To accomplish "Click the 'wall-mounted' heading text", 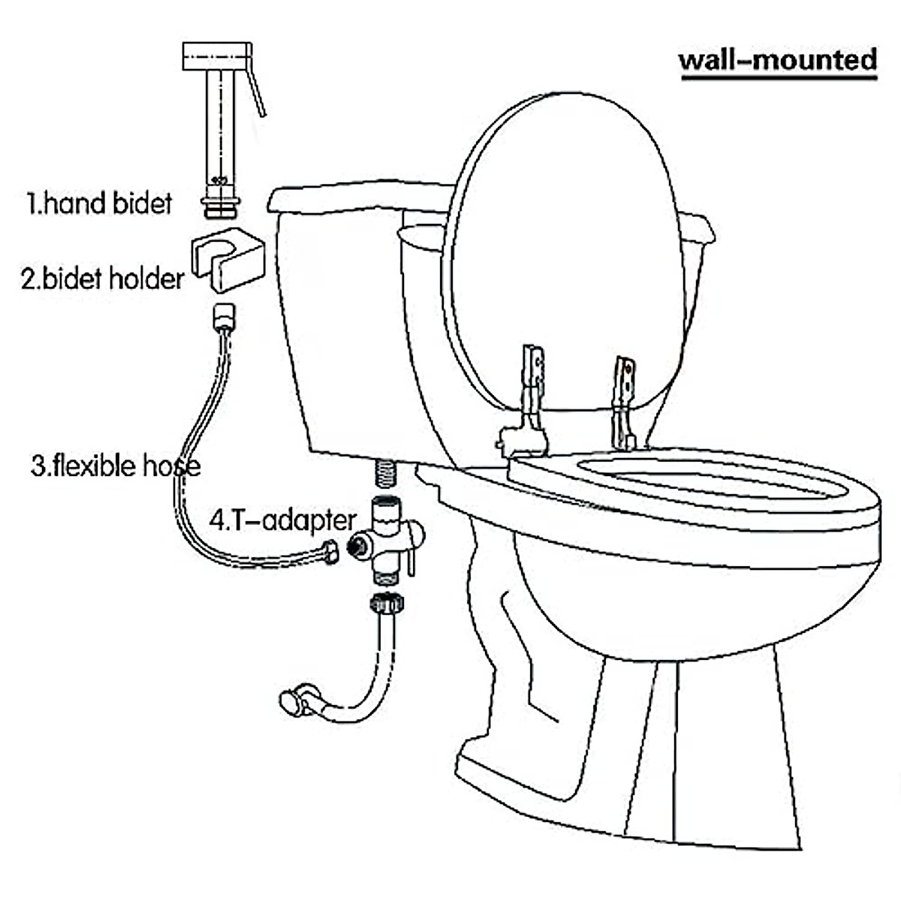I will [x=777, y=59].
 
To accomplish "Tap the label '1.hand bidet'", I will [x=100, y=203].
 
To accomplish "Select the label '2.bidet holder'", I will [x=102, y=279].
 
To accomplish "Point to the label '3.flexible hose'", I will [x=116, y=466].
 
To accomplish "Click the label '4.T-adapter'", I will [x=282, y=520].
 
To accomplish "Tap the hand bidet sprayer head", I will [x=217, y=56].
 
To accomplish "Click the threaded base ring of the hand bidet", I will [x=221, y=204].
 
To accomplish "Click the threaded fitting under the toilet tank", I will [x=384, y=475].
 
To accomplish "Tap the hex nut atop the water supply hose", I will [x=387, y=602].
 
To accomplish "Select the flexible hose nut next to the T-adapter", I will [x=329, y=551].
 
